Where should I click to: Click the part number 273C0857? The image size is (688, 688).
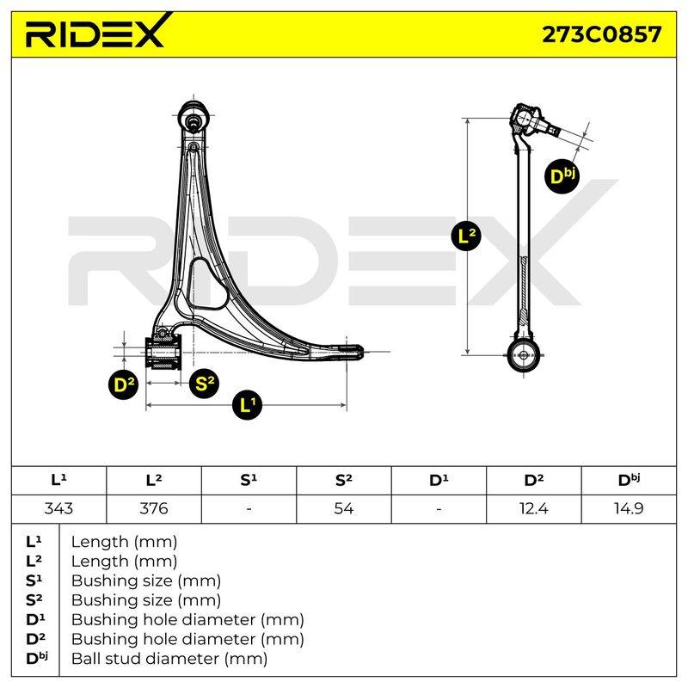point(601,34)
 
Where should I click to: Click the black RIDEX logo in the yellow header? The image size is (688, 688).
point(95,31)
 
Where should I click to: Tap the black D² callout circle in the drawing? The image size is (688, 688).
point(124,384)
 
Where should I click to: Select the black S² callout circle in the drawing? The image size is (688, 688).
point(204,384)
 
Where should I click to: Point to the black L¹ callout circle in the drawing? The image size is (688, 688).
point(247,404)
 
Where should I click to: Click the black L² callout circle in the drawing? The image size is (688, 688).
point(466,236)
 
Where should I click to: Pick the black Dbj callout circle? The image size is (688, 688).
point(563,176)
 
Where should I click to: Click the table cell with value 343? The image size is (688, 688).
point(58,508)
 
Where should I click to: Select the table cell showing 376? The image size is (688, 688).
point(154,508)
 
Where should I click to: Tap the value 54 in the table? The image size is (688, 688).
point(343,508)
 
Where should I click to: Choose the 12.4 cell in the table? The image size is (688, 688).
point(533,508)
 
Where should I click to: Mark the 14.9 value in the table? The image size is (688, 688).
point(629,508)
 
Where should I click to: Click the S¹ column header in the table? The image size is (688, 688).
point(249,481)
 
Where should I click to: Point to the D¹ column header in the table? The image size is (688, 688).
point(439,481)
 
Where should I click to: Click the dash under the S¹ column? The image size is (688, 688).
point(249,509)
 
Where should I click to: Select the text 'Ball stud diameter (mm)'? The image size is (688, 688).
point(169,659)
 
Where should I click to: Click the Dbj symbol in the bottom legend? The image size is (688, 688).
point(37,658)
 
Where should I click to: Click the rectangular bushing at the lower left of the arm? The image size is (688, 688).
point(163,353)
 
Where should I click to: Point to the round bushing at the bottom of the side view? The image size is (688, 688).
point(523,355)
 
